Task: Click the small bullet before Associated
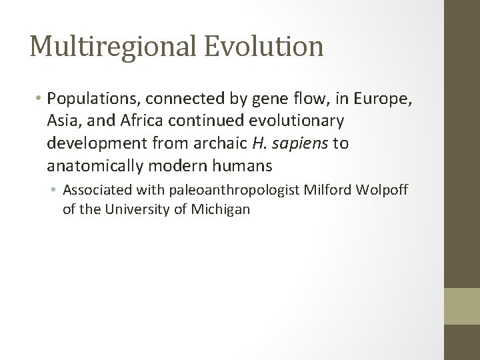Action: pyautogui.click(x=55, y=190)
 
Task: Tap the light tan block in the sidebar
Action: pyautogui.click(x=462, y=305)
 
